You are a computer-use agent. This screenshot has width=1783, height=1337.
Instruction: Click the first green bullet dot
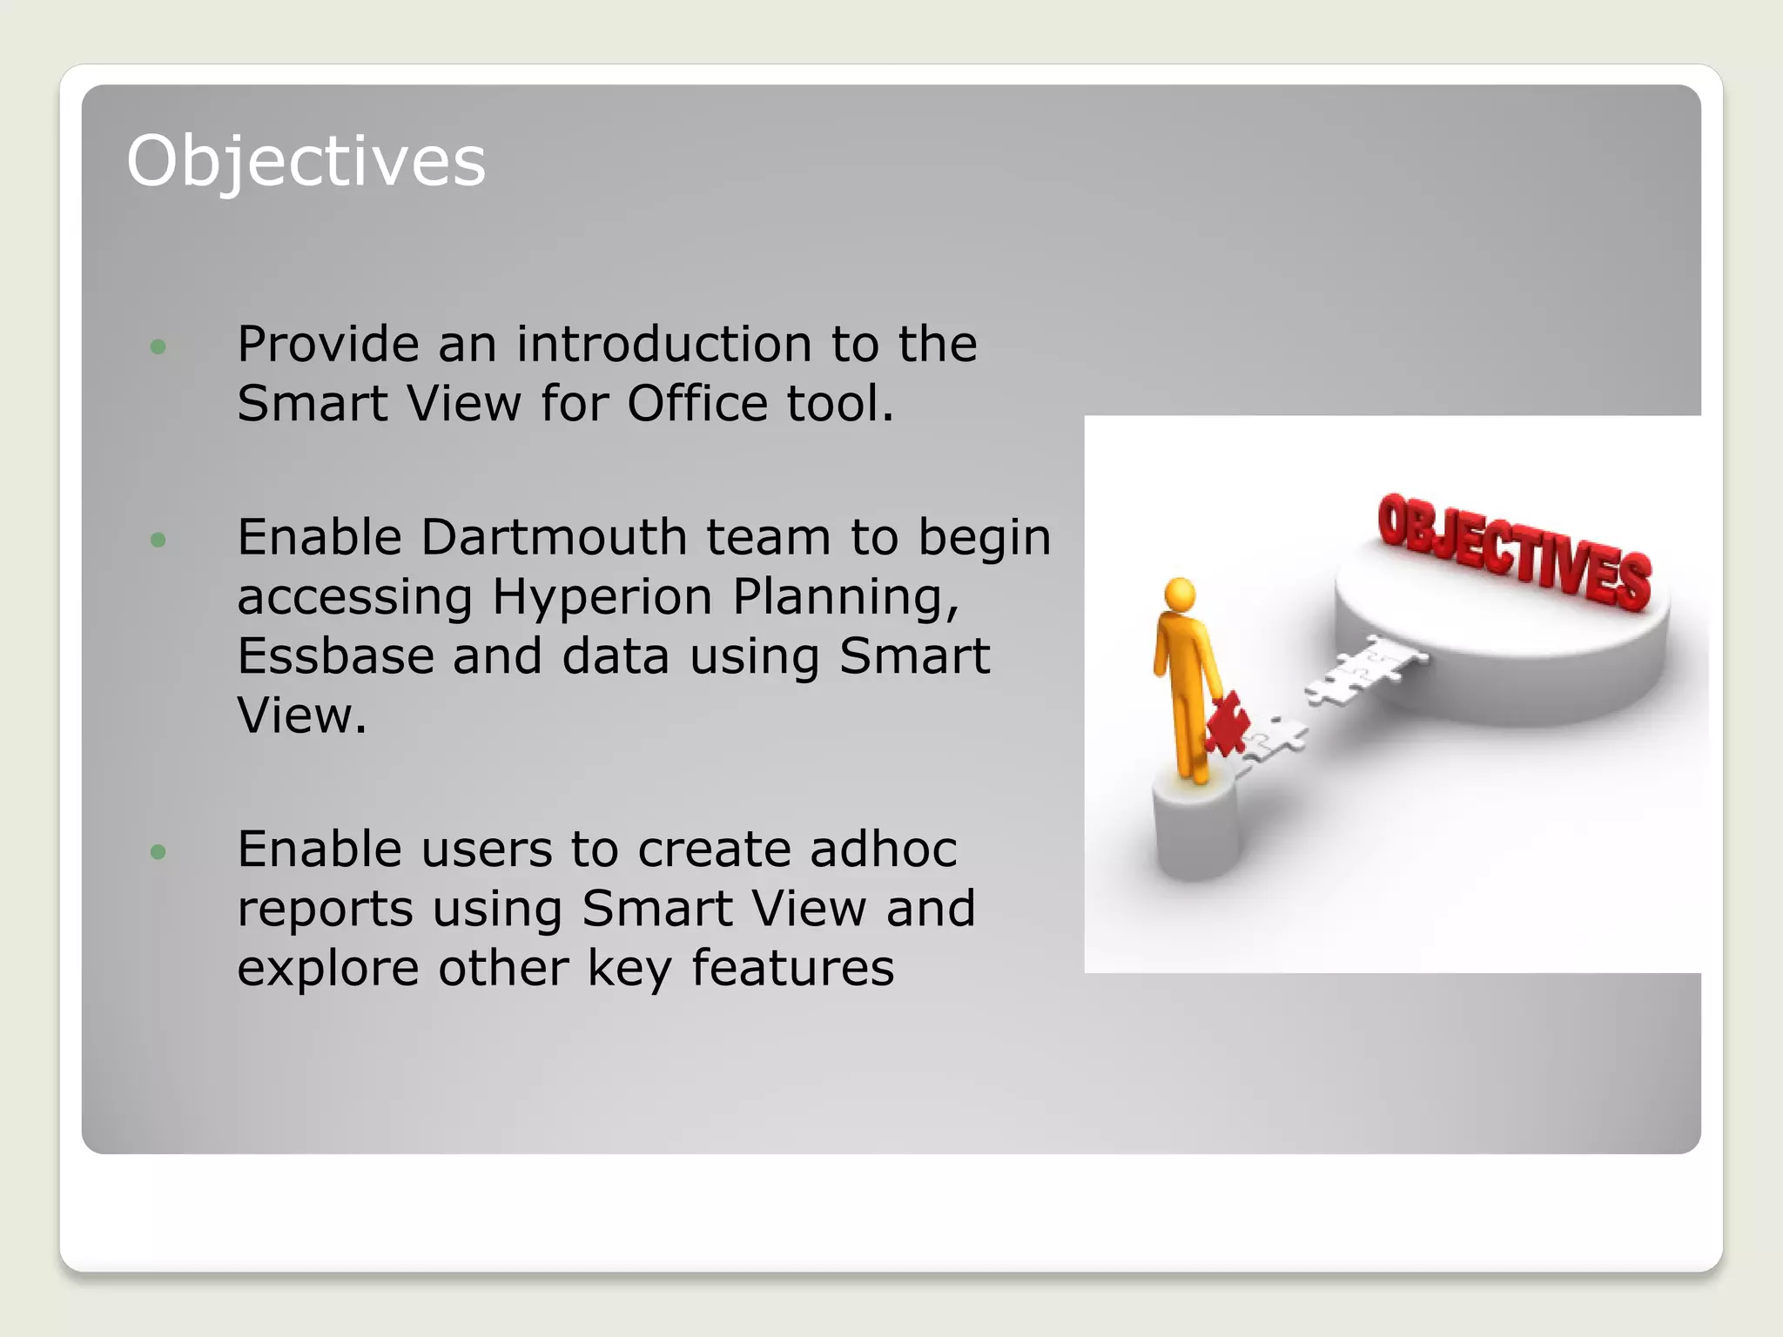(158, 346)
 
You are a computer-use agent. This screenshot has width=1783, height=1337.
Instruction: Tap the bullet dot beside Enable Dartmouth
(158, 540)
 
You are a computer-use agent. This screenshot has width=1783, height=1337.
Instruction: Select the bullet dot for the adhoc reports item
(158, 851)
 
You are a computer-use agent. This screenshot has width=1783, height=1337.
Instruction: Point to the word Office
(696, 404)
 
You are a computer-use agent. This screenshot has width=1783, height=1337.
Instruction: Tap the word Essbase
(335, 656)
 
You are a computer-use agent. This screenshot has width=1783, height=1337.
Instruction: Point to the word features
(792, 968)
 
